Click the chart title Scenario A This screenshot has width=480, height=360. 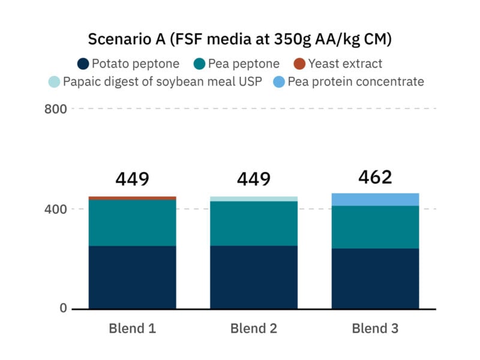point(239,40)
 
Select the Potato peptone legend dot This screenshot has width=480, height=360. point(83,64)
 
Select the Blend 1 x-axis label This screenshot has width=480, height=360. point(132,328)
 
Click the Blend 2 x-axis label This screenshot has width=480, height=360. point(253,328)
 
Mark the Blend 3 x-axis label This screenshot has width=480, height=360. point(375,328)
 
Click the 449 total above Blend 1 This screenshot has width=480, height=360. point(132,179)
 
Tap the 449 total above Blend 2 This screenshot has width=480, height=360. point(253,179)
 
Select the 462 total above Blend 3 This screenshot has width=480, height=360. point(375,177)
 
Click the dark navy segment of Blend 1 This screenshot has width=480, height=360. point(132,277)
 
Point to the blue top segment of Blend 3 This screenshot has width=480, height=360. point(375,199)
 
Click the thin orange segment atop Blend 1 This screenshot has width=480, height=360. point(132,198)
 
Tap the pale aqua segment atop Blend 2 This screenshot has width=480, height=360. point(253,199)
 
